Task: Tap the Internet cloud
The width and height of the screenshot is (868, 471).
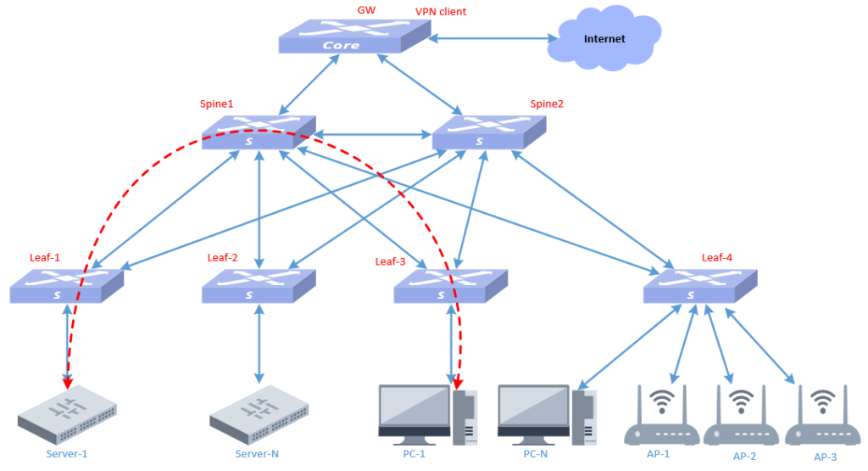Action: (x=603, y=38)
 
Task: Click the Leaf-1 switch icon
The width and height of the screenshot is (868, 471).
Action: (x=66, y=287)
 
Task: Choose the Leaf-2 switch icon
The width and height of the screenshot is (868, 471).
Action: (x=258, y=287)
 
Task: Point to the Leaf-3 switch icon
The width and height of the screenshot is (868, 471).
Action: (x=450, y=287)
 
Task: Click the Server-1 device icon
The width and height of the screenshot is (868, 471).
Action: (x=67, y=415)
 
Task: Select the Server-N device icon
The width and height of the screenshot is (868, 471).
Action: (x=258, y=415)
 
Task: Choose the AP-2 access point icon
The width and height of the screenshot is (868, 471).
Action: (x=741, y=417)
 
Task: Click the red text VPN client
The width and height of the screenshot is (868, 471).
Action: (x=440, y=12)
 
